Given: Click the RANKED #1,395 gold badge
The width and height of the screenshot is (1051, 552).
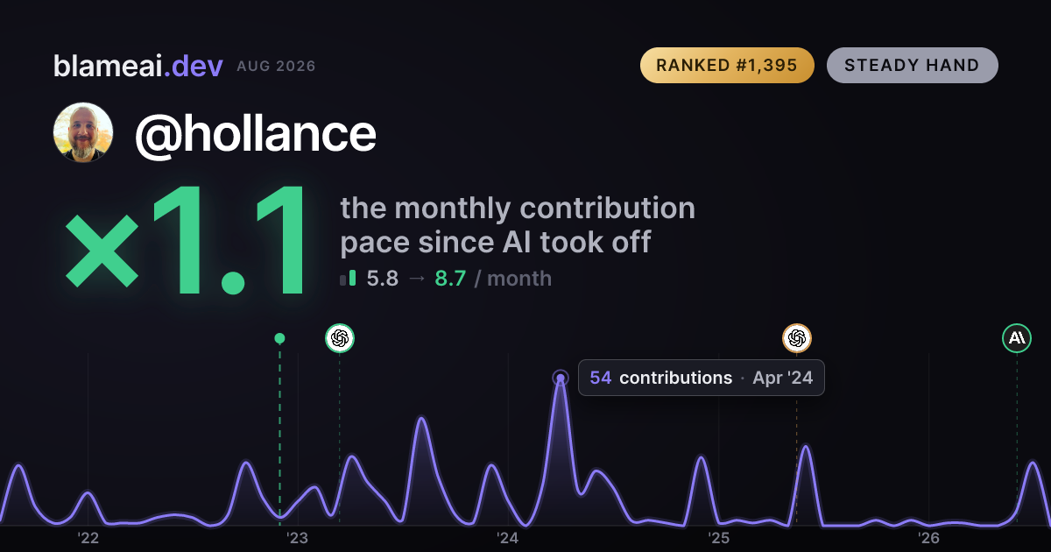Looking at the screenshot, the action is (727, 65).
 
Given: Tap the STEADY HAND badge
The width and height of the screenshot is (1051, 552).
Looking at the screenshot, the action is (912, 65).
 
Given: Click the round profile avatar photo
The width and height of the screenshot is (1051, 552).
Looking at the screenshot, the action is (83, 132).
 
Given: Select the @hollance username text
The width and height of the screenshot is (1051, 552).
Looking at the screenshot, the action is (256, 134).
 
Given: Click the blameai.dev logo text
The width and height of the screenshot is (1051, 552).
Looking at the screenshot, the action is (138, 66).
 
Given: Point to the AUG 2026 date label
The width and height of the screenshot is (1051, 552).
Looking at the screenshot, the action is (276, 67).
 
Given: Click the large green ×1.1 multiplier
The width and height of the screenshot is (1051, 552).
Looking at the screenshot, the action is (186, 240).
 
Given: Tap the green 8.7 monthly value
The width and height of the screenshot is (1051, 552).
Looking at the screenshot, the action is (450, 279).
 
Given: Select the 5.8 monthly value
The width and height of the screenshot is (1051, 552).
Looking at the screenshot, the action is (383, 279).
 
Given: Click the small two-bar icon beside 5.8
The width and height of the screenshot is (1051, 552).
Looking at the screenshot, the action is (349, 278).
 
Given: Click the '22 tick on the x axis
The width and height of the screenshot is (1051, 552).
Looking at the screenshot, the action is (88, 538).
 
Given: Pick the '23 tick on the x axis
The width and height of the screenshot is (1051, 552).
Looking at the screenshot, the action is (298, 538).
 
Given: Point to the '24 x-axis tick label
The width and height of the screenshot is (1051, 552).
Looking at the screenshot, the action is (508, 538).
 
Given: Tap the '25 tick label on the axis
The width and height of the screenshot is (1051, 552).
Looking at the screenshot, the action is (718, 538).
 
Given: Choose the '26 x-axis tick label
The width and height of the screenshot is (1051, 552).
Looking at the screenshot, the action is (928, 538).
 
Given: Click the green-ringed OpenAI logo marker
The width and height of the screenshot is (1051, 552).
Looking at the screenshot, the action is (340, 338).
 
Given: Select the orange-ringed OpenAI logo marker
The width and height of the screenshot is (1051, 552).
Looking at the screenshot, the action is (797, 338).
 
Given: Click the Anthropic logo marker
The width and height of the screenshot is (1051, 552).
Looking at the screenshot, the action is (1017, 338).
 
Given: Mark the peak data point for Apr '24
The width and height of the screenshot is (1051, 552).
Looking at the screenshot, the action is (561, 378).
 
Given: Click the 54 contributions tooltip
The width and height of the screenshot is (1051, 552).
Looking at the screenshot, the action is (702, 378).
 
